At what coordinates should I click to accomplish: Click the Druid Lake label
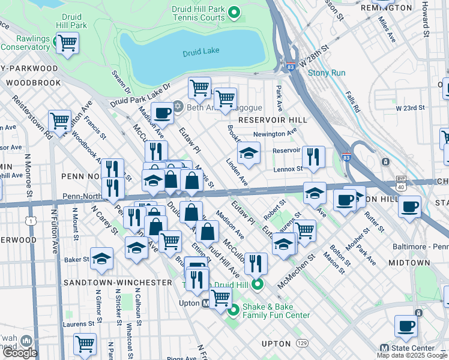pyautogui.click(x=202, y=53)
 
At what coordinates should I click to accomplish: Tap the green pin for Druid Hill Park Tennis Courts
pyautogui.click(x=235, y=11)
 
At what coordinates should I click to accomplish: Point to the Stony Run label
pyautogui.click(x=327, y=73)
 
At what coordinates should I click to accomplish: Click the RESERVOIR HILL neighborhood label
pyautogui.click(x=273, y=120)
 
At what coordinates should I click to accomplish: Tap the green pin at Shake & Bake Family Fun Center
pyautogui.click(x=233, y=310)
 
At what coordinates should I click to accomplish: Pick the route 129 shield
pyautogui.click(x=302, y=344)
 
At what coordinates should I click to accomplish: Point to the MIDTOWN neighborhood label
pyautogui.click(x=426, y=263)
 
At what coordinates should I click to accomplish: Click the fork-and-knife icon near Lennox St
pyautogui.click(x=313, y=157)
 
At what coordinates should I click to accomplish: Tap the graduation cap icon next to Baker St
pyautogui.click(x=101, y=259)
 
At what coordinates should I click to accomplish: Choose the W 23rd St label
pyautogui.click(x=410, y=108)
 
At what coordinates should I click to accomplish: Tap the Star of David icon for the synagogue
pyautogui.click(x=178, y=107)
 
